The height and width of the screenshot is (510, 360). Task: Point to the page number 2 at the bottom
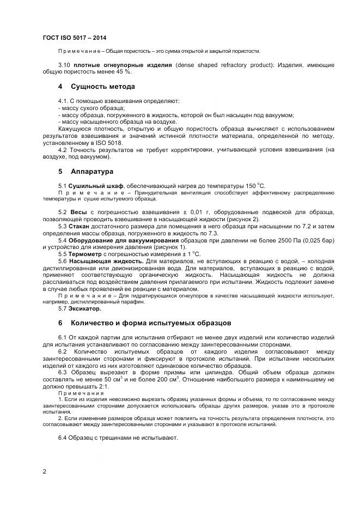coord(44,471)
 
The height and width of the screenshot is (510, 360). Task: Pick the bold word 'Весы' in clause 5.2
coord(76,211)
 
